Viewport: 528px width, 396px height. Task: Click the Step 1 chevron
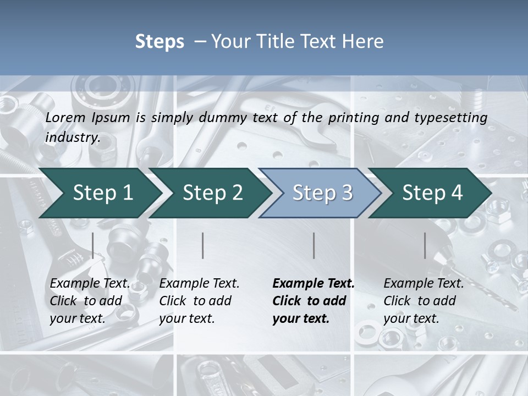[x=103, y=193]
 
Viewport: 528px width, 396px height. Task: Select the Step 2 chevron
[x=212, y=193]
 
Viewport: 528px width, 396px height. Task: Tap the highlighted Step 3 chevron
[x=322, y=193]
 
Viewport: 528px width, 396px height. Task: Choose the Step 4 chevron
[x=432, y=193]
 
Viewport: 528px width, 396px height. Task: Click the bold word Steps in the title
[x=159, y=42]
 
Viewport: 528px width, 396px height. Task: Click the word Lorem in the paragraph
[x=65, y=117]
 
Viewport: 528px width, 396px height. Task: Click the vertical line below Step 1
[x=93, y=245]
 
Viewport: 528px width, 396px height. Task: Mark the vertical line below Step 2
[x=203, y=245]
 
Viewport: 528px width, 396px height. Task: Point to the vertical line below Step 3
[x=313, y=245]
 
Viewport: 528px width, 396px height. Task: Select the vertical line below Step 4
[x=425, y=245]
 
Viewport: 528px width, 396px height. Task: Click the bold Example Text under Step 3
[x=313, y=284]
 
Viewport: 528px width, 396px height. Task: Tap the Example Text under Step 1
[x=90, y=284]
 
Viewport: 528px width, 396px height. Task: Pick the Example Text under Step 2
[x=199, y=284]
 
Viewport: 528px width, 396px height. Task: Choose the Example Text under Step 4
[x=424, y=284]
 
